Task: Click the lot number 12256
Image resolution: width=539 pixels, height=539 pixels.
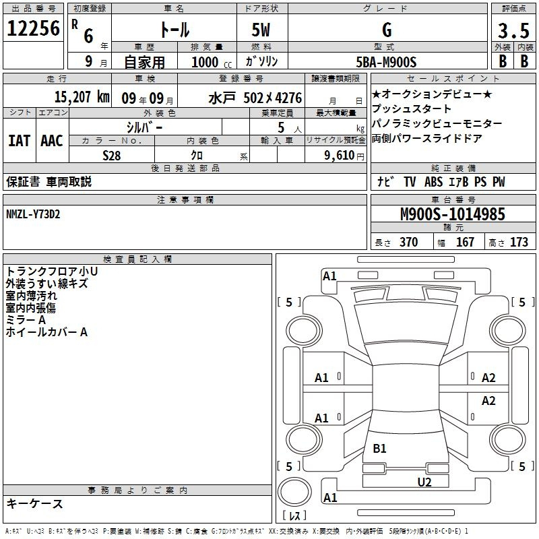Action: pyautogui.click(x=33, y=28)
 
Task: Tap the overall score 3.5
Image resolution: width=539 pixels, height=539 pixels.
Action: pyautogui.click(x=513, y=30)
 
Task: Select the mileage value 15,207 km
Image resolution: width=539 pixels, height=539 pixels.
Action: pyautogui.click(x=82, y=97)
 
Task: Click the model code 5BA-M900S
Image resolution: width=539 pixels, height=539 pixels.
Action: pyautogui.click(x=386, y=62)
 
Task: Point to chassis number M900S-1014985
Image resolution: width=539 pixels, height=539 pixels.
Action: pyautogui.click(x=453, y=214)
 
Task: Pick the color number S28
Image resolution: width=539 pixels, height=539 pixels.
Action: pyautogui.click(x=111, y=156)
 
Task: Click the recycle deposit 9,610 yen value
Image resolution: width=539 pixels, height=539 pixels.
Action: pyautogui.click(x=344, y=156)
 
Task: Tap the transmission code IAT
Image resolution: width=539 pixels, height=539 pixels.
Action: pyautogui.click(x=20, y=141)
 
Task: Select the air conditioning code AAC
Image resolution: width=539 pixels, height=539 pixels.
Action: pyautogui.click(x=52, y=141)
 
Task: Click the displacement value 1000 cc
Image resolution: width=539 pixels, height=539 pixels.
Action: pyautogui.click(x=212, y=62)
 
